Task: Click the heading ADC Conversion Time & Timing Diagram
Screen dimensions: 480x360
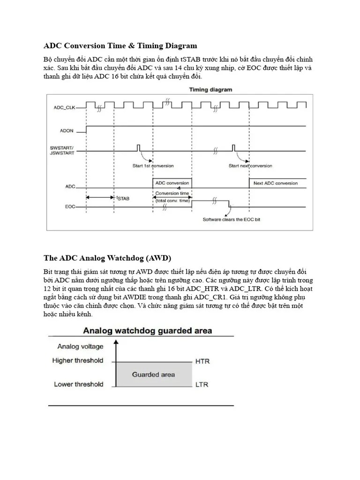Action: point(120,46)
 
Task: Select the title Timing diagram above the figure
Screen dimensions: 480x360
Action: point(210,89)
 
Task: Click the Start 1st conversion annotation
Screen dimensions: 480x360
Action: point(152,165)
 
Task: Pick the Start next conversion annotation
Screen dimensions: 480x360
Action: point(250,165)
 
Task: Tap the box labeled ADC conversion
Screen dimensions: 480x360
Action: point(172,183)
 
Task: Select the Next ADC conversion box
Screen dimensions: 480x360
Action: point(276,183)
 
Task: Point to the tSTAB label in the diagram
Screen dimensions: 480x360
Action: point(123,198)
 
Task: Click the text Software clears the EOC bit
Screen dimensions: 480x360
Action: point(231,219)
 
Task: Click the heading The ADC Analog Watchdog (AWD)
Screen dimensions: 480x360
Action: point(107,258)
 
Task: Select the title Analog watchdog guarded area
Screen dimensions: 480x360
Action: point(147,330)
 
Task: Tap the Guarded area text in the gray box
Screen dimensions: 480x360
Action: point(153,374)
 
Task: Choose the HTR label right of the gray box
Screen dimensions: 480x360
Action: point(202,361)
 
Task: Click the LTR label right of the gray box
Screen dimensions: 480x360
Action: point(202,385)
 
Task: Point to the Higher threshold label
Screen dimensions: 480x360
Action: point(78,361)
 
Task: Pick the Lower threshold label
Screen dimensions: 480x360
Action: point(78,384)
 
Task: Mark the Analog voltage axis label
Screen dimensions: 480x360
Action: point(80,347)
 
